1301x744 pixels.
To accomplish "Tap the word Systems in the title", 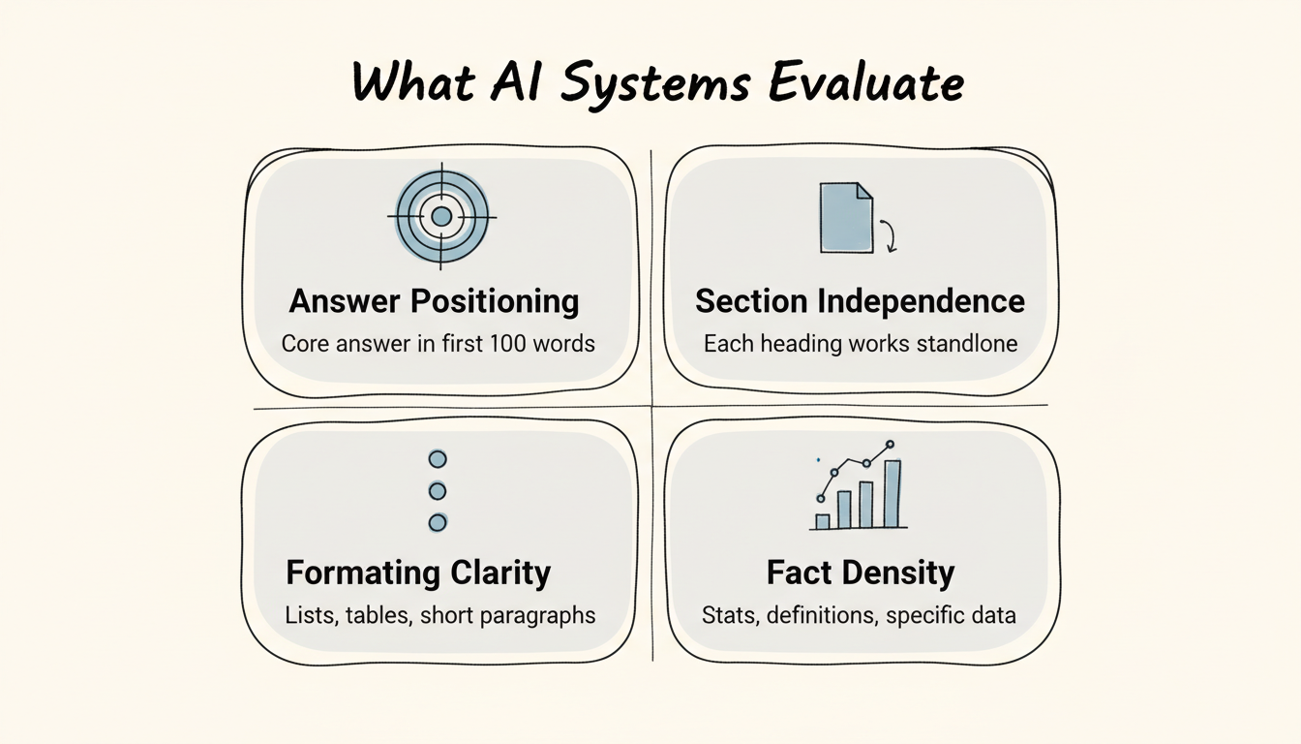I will click(x=654, y=83).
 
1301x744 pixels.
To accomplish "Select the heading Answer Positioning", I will click(x=434, y=301).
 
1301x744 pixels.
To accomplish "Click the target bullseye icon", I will click(x=441, y=217).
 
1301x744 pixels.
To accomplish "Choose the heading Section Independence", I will click(x=860, y=301).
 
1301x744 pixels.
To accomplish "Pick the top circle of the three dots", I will click(x=438, y=458).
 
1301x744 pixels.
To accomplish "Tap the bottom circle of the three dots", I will click(x=438, y=523).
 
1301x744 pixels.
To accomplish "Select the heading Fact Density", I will click(x=860, y=573).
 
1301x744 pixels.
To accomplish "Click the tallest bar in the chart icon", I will click(x=892, y=493).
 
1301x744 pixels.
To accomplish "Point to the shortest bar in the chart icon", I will click(x=823, y=521).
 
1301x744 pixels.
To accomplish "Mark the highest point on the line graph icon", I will click(x=891, y=445).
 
